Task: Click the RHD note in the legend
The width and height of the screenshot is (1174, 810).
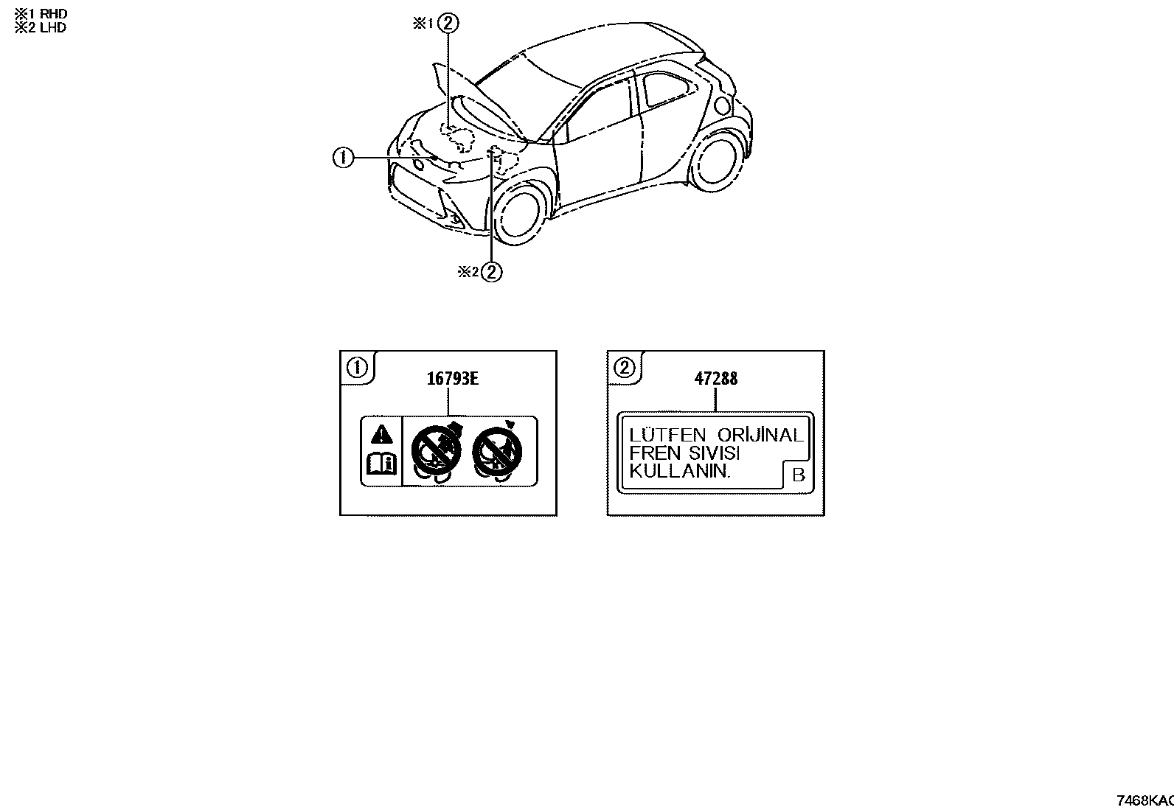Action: tap(41, 13)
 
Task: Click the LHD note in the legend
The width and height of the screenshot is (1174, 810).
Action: tap(41, 28)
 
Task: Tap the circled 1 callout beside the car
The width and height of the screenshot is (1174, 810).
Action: tap(344, 157)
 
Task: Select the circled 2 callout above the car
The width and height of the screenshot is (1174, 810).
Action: tap(448, 23)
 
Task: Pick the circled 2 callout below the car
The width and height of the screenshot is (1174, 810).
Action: tap(492, 271)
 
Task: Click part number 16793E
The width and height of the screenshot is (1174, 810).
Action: tap(452, 378)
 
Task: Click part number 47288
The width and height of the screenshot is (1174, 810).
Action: tap(716, 378)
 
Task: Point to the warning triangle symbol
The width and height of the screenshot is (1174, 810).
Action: tap(381, 434)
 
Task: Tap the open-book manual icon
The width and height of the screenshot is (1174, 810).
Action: tap(381, 464)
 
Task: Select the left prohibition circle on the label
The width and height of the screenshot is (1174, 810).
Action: tap(436, 450)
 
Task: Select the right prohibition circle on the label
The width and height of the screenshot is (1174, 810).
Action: tap(497, 450)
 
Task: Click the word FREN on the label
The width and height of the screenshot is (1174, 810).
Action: tap(655, 453)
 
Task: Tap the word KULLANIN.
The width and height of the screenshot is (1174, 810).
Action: tap(680, 471)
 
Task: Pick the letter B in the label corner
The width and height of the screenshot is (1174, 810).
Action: tap(799, 475)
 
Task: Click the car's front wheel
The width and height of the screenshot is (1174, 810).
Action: tap(518, 214)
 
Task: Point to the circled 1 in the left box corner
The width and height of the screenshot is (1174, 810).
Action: tap(358, 367)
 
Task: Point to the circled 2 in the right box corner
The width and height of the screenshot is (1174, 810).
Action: tap(624, 367)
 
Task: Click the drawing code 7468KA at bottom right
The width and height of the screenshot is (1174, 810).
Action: tap(1145, 800)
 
